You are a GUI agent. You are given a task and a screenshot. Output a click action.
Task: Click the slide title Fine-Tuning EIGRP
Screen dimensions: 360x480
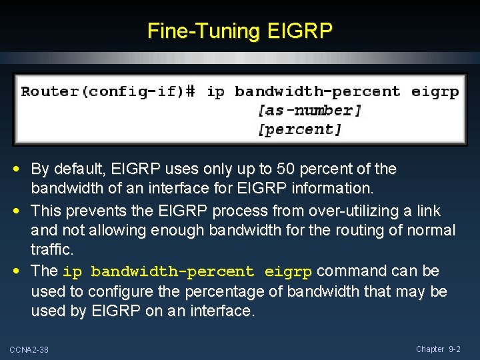coord(239,31)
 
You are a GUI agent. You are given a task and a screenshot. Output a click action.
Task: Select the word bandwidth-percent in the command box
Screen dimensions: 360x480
coord(317,91)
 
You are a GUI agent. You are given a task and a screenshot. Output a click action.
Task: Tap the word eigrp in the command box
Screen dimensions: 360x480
coord(435,91)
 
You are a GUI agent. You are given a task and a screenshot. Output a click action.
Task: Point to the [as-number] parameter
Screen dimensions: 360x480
coord(309,110)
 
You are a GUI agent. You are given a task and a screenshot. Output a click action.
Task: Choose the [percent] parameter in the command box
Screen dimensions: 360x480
coord(299,129)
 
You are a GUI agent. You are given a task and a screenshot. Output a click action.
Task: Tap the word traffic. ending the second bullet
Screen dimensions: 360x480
coord(51,250)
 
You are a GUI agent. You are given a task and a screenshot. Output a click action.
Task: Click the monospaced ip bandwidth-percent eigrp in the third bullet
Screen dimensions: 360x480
coord(187,272)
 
